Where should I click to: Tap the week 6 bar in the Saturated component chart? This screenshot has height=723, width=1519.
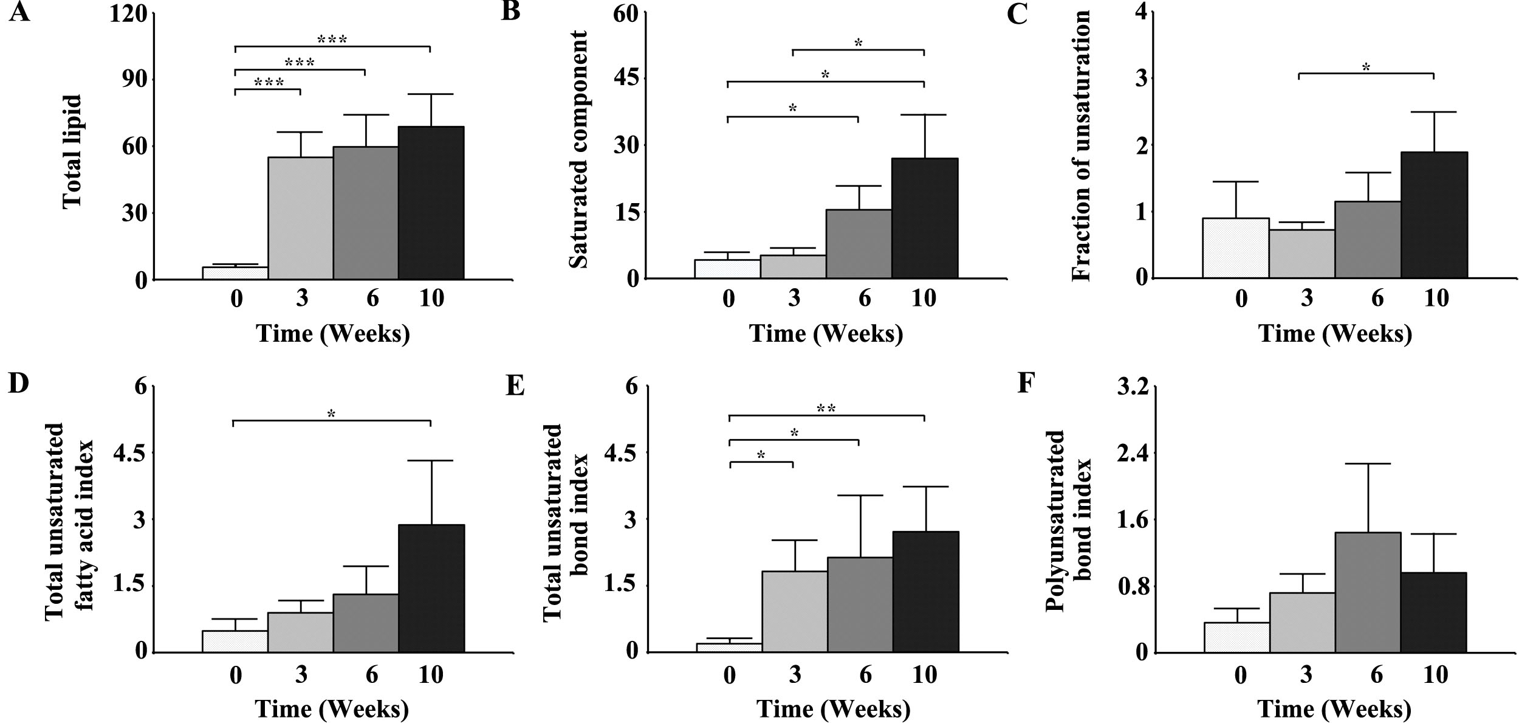coord(859,244)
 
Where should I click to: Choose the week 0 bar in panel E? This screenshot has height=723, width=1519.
coord(729,648)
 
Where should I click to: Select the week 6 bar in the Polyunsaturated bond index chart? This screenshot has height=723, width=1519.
coord(1368,592)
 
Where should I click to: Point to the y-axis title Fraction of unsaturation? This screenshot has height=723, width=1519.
coord(1082,146)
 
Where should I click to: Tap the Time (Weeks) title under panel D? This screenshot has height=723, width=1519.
coord(332,708)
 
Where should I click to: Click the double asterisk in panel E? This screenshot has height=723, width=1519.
coord(826,409)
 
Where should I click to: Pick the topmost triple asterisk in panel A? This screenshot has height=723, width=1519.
coord(332,40)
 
